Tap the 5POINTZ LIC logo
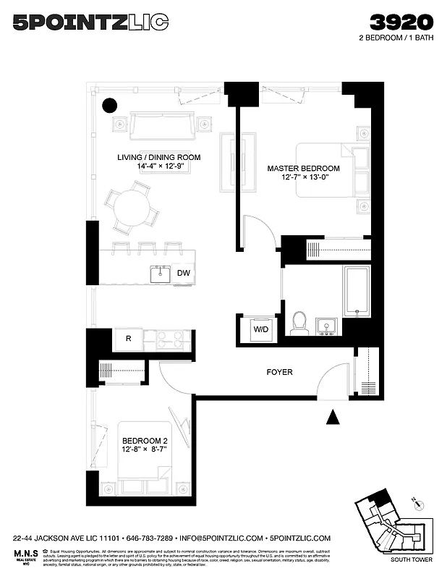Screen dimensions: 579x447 90,23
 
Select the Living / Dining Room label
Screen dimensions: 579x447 159,157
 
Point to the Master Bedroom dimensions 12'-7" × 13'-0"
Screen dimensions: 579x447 303,178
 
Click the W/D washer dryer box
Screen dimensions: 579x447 260,329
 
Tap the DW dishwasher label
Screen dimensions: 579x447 184,274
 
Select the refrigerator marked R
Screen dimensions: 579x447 128,338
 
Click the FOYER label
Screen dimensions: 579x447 279,372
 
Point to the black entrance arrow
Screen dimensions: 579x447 333,418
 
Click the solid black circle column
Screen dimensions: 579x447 109,106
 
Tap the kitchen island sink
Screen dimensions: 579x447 161,274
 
